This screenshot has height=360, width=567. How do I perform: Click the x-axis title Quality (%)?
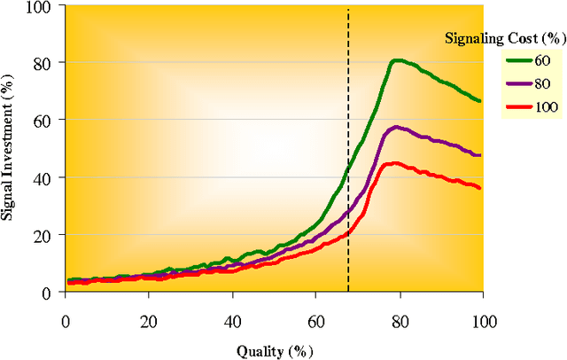[x=276, y=349]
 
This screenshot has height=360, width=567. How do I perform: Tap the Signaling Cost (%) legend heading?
[x=502, y=37]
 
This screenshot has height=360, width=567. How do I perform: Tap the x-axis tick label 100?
[x=483, y=319]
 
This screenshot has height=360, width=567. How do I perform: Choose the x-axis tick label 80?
[x=400, y=319]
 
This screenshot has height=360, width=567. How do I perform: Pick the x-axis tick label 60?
[x=315, y=319]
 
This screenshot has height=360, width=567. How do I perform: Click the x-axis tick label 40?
[x=232, y=319]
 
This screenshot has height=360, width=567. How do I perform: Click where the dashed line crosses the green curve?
[x=348, y=169]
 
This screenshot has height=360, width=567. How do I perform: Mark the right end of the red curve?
[x=480, y=188]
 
